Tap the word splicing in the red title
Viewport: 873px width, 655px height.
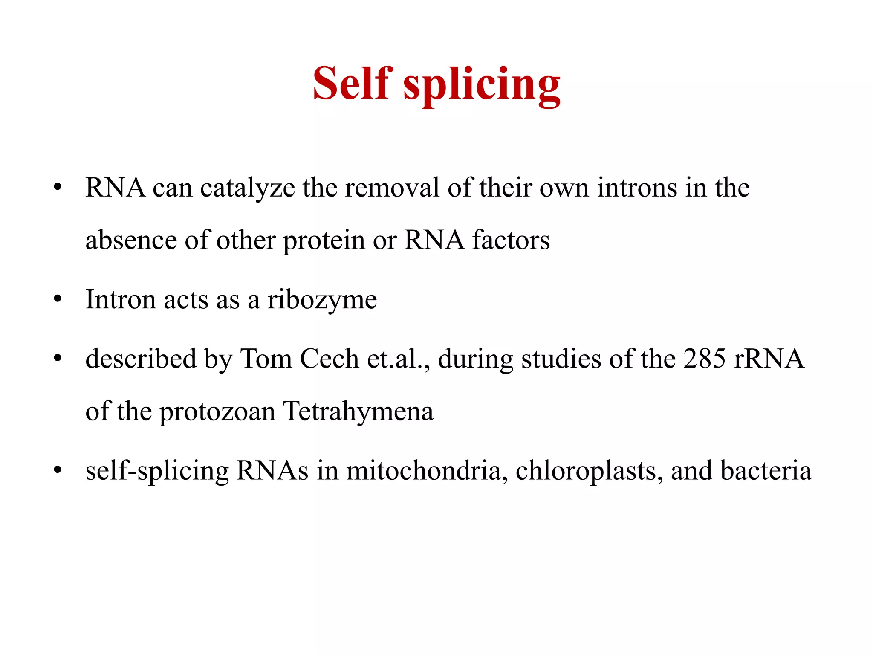coord(482,85)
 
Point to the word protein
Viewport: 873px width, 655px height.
coord(324,241)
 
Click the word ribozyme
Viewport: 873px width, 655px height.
coord(322,300)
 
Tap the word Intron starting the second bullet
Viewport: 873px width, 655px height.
coord(121,299)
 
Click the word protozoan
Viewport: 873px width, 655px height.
coord(218,412)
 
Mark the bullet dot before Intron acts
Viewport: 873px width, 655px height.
coord(58,299)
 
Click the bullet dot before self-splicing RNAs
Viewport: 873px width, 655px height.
coord(58,471)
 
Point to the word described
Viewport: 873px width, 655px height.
coord(141,359)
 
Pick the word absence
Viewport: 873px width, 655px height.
coord(131,240)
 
